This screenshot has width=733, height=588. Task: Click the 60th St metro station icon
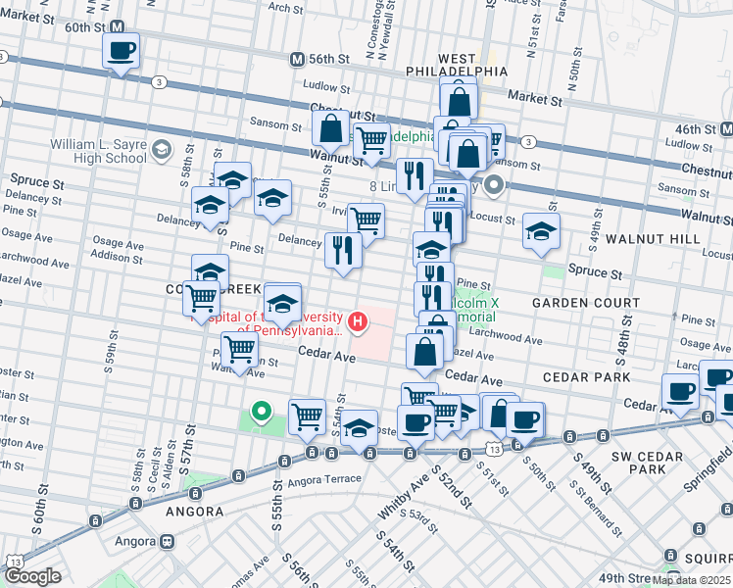click(118, 27)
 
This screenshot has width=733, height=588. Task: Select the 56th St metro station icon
click(296, 59)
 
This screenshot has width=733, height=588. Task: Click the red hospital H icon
click(359, 319)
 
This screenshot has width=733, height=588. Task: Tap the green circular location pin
click(261, 413)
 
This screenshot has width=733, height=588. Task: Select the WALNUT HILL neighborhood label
click(652, 239)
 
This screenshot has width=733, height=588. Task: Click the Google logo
click(33, 576)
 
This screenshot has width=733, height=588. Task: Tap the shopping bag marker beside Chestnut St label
click(331, 128)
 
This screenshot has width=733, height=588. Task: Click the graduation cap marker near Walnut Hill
click(540, 232)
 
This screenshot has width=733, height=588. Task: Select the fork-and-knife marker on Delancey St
click(343, 250)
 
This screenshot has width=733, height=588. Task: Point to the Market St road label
click(535, 99)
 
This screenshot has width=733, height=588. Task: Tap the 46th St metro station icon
click(726, 129)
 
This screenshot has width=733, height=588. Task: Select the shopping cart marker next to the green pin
click(308, 417)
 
